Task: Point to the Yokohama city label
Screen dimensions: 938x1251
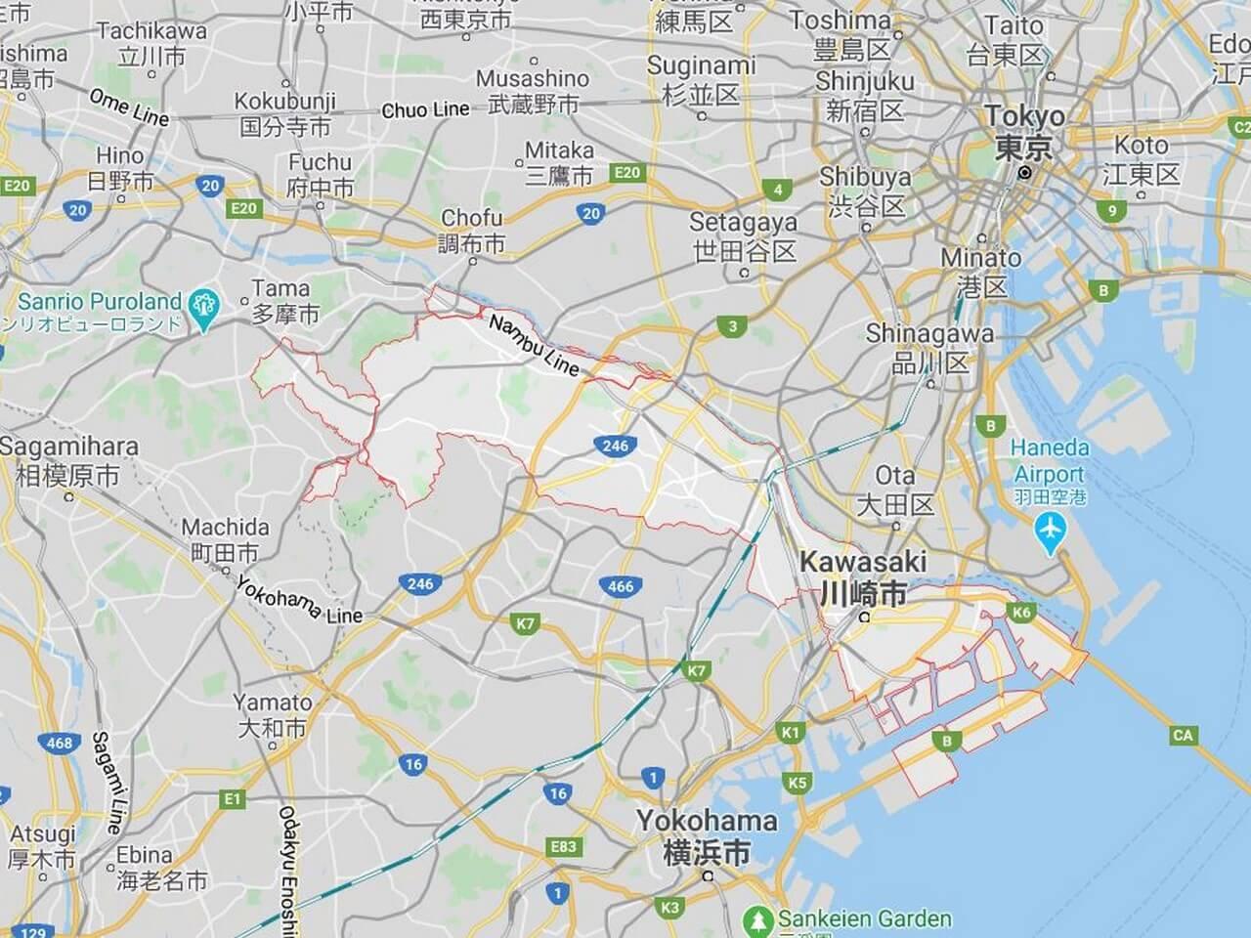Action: pos(707,835)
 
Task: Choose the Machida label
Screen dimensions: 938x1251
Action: pos(225,539)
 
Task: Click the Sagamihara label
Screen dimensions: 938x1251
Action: pos(68,460)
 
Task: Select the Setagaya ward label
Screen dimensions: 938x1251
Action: pos(744,236)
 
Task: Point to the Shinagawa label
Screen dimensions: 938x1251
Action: pos(929,347)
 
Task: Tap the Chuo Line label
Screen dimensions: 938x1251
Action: pos(425,110)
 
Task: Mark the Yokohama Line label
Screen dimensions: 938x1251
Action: pos(299,598)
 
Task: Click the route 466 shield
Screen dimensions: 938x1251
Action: pos(621,586)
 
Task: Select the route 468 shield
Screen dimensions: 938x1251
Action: pos(60,743)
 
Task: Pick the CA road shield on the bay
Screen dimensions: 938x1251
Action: pos(1183,735)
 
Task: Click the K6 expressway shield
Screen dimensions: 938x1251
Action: pos(1022,613)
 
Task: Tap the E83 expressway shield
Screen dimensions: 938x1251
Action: pos(564,846)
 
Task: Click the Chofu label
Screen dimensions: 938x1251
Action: pos(472,231)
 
